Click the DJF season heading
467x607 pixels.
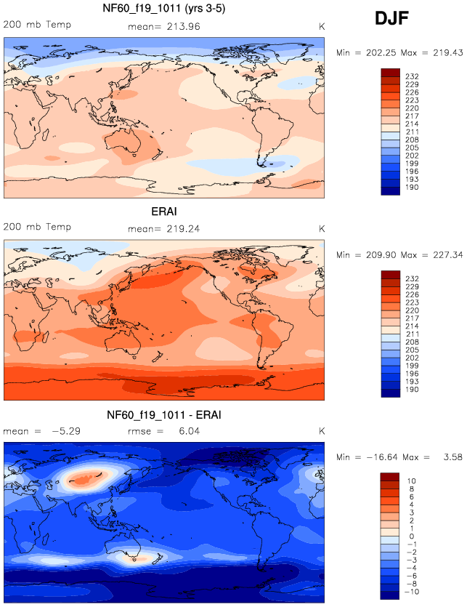[392, 19]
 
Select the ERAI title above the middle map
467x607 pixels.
[163, 212]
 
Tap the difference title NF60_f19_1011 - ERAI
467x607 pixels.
[163, 414]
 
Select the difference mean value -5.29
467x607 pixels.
[63, 430]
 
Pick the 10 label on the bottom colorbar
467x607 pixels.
[410, 481]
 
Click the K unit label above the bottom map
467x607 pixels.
[321, 430]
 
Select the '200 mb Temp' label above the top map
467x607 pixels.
[38, 25]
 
